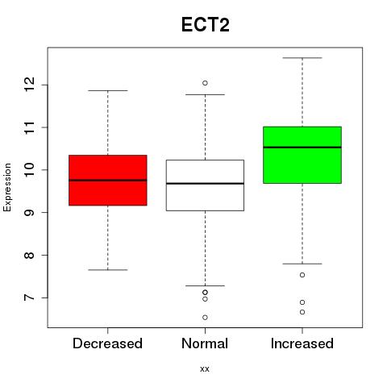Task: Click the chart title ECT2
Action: (206, 25)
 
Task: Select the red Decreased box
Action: (108, 180)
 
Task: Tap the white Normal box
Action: (205, 185)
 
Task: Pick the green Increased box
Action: (302, 155)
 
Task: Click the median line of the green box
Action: (302, 148)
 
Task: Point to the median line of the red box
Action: (108, 180)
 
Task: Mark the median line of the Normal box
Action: (205, 184)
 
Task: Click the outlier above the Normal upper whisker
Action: (205, 83)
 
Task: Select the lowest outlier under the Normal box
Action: (205, 318)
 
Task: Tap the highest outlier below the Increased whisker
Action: (302, 275)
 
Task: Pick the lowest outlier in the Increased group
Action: (302, 312)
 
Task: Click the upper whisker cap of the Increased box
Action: (302, 58)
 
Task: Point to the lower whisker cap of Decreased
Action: (108, 270)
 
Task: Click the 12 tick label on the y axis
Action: (29, 85)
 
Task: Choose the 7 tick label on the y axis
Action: (29, 298)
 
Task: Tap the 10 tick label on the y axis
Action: (29, 169)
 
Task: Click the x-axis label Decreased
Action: (107, 343)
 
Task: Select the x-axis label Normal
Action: (205, 343)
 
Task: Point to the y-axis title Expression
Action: (7, 187)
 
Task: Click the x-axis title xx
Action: (205, 369)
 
